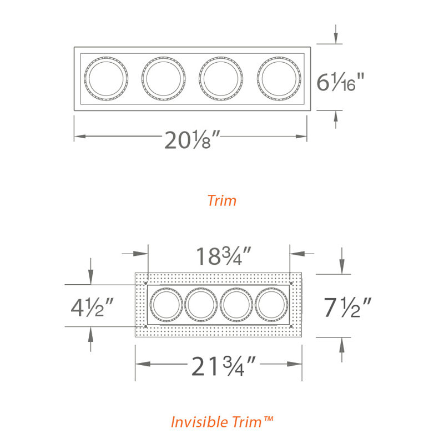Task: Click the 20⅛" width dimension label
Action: tap(192, 139)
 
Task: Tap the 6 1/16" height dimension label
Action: tap(340, 82)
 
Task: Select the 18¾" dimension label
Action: tap(224, 256)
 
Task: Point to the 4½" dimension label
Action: tap(92, 307)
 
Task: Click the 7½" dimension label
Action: tap(347, 307)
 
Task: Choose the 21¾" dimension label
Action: tap(224, 366)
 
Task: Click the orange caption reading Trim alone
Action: tap(221, 200)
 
